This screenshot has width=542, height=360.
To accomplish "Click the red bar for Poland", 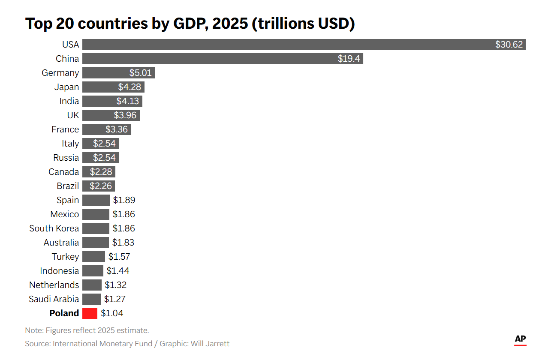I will click(90, 313).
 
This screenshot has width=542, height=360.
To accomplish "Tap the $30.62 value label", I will click(509, 45).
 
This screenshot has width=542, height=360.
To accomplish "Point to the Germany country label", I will click(60, 73).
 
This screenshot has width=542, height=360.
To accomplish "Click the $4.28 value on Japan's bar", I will click(129, 87).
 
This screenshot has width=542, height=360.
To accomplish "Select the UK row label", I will click(73, 115).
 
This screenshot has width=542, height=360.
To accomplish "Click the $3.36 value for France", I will click(117, 129).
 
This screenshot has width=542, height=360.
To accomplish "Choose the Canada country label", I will click(63, 172).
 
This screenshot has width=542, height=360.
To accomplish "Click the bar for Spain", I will click(96, 200).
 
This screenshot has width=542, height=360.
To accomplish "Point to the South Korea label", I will click(54, 228).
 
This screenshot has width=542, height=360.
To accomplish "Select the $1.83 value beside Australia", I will click(123, 243).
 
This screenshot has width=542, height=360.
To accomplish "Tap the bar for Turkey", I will click(93, 257).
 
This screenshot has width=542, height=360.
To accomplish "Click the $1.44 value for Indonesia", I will click(118, 271).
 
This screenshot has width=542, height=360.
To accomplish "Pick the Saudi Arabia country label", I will click(54, 299).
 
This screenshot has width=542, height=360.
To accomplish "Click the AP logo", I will click(520, 339).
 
